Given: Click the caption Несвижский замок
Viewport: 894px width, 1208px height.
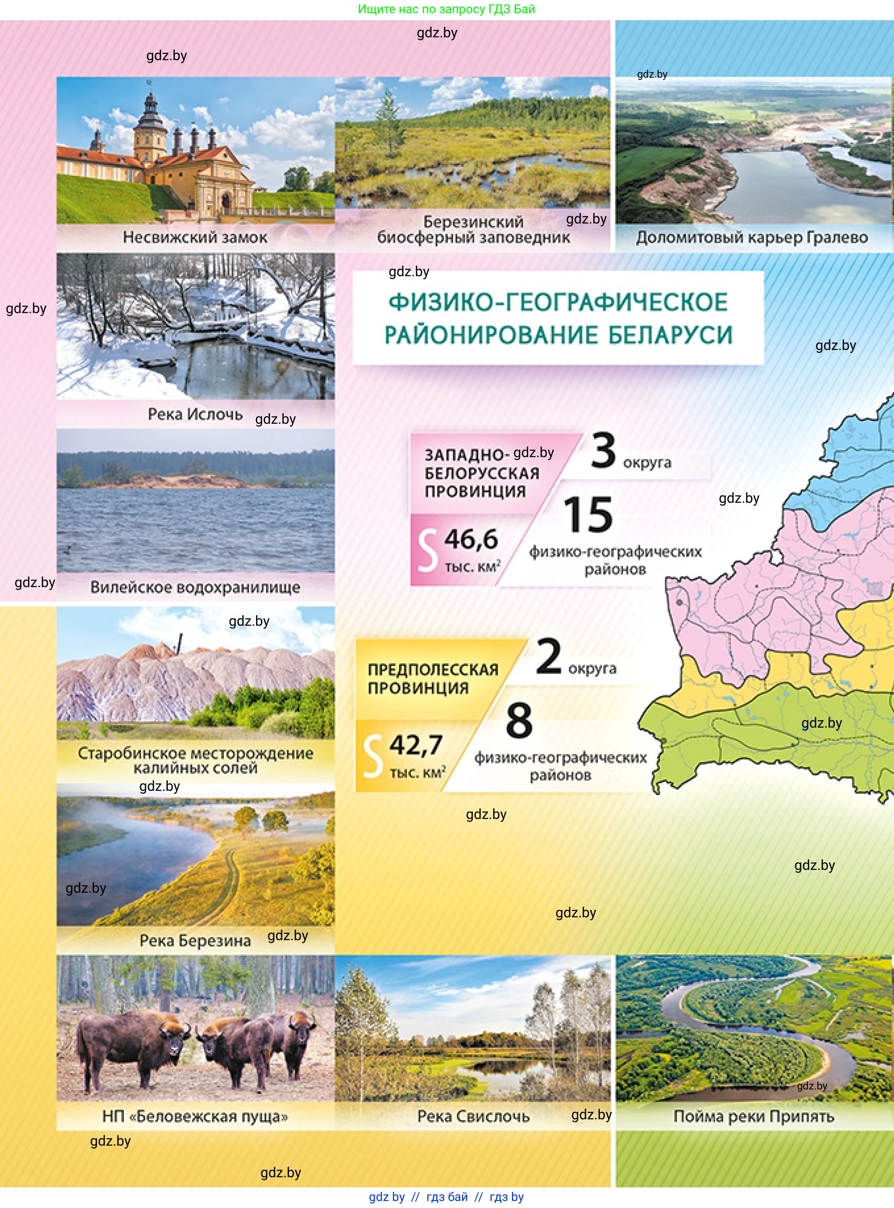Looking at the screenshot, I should pyautogui.click(x=195, y=237).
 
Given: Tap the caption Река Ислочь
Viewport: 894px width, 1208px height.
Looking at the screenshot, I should pyautogui.click(x=195, y=414).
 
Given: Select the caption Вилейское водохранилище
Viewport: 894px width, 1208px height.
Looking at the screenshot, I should pyautogui.click(x=195, y=587).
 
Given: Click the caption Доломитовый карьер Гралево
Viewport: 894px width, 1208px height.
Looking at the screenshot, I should pyautogui.click(x=752, y=237).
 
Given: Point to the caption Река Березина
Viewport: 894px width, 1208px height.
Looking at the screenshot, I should pyautogui.click(x=195, y=941).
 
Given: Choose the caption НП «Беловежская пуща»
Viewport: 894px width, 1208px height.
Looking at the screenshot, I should pyautogui.click(x=195, y=1116).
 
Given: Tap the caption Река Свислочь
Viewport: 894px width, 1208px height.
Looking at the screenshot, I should pyautogui.click(x=473, y=1116).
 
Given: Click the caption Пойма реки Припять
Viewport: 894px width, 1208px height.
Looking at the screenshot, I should pyautogui.click(x=753, y=1116).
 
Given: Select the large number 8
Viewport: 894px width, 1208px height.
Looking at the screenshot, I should pyautogui.click(x=519, y=720).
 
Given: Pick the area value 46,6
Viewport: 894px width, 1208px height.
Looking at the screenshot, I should pyautogui.click(x=471, y=539).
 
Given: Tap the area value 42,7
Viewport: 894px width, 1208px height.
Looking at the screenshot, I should pyautogui.click(x=416, y=745).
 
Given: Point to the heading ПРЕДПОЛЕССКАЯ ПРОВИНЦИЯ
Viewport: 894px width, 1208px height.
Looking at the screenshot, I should pyautogui.click(x=433, y=678).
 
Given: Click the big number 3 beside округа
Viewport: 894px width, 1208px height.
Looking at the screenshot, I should pyautogui.click(x=603, y=450).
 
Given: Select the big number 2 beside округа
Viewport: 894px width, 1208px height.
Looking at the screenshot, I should pyautogui.click(x=548, y=656).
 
